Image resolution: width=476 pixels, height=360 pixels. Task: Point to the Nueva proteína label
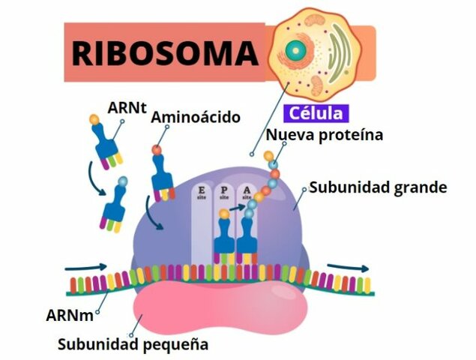[x=325, y=136]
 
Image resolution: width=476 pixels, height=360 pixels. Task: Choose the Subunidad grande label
[x=378, y=187]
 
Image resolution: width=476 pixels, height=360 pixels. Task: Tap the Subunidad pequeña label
[x=133, y=345]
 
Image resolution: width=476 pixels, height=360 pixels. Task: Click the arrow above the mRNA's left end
[x=81, y=267]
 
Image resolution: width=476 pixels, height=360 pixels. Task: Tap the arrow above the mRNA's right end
[x=348, y=268]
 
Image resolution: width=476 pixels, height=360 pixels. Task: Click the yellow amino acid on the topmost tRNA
[x=94, y=118]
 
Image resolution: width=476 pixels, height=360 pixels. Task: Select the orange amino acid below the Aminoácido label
[x=156, y=150]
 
